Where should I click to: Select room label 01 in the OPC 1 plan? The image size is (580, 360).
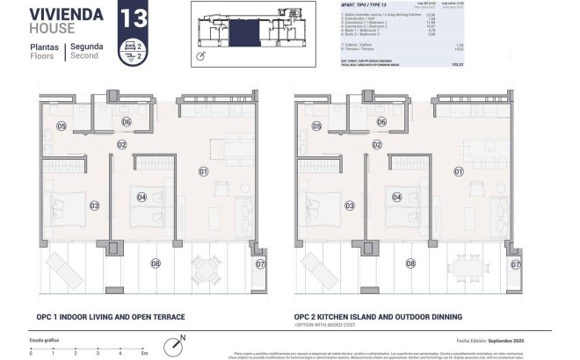pyautogui.click(x=202, y=171)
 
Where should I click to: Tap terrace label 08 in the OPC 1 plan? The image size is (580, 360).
pyautogui.click(x=156, y=263)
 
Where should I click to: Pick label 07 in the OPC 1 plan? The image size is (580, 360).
pyautogui.click(x=259, y=263)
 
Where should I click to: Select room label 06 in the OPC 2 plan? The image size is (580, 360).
pyautogui.click(x=381, y=122)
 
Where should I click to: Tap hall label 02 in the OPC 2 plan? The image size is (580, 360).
pyautogui.click(x=376, y=144)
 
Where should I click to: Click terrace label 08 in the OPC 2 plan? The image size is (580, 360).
pyautogui.click(x=410, y=263)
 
